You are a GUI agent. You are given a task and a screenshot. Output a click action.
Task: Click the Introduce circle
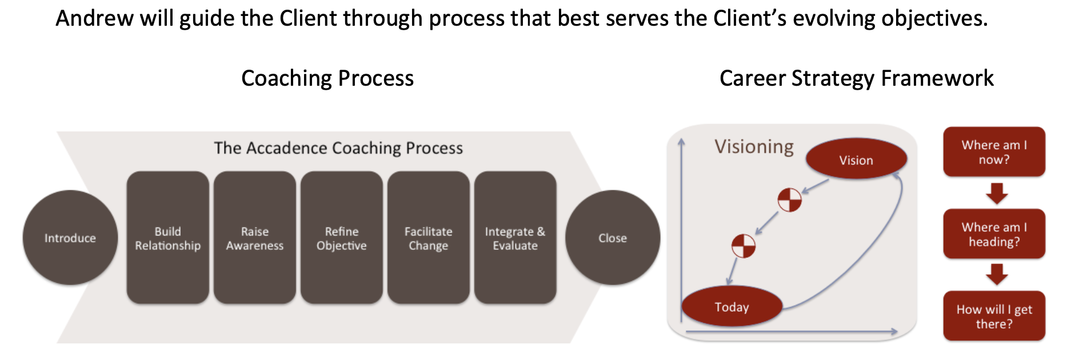(x=70, y=238)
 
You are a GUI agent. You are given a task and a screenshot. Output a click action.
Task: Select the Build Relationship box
(x=168, y=238)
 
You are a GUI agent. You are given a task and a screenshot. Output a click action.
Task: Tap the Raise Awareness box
(x=255, y=238)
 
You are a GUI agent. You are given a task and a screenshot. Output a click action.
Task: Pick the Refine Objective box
(x=342, y=238)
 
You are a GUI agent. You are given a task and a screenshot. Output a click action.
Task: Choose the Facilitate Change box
(x=429, y=238)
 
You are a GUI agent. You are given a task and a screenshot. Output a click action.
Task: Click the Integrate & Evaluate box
(x=515, y=238)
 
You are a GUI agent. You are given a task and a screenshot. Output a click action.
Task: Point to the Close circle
(x=613, y=238)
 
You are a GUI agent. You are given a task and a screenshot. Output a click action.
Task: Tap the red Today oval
(x=732, y=306)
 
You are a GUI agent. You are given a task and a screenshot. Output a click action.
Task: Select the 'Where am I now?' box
(x=994, y=152)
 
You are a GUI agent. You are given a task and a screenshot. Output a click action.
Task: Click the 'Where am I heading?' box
(x=994, y=234)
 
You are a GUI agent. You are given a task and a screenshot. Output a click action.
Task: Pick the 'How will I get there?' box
(x=994, y=316)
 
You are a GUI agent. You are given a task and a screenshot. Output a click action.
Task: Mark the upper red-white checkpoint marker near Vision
(x=790, y=200)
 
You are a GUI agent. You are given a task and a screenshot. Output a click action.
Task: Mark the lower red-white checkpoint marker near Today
(x=744, y=246)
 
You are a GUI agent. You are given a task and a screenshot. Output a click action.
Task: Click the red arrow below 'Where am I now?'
(x=997, y=193)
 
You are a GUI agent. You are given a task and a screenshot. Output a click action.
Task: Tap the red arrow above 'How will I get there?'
(x=997, y=275)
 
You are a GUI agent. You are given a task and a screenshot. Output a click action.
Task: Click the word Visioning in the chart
(x=754, y=147)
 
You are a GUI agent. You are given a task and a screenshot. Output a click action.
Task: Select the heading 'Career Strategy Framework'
(x=856, y=78)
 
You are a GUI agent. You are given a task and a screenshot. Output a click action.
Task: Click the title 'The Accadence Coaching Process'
(x=338, y=148)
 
